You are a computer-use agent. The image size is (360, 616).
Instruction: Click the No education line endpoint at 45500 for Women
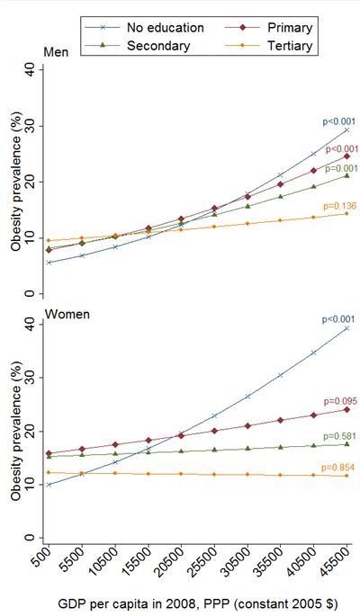pyautogui.click(x=346, y=328)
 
